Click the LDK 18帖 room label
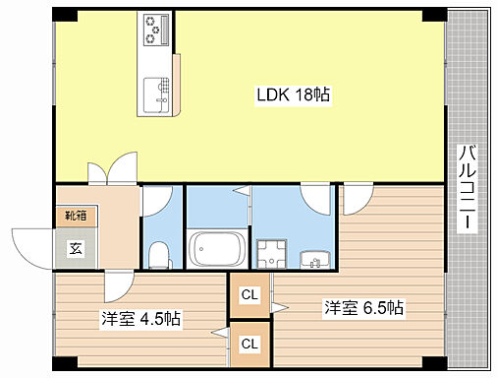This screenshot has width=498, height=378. (293, 94)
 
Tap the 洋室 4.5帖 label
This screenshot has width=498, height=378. (140, 318)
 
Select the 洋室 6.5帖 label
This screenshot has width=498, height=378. (363, 308)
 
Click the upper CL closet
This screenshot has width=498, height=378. (249, 295)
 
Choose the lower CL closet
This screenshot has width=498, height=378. (249, 345)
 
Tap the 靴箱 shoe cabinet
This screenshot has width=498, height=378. (76, 216)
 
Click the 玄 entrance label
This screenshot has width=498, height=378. (76, 248)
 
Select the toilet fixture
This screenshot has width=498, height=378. (160, 255)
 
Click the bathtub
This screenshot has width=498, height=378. (217, 249)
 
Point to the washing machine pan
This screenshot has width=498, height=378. (271, 254)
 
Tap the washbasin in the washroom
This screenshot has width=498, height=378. (315, 260)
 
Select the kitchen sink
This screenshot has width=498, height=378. (157, 94)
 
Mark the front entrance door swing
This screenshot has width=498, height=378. (32, 249)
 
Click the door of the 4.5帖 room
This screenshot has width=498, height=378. (119, 285)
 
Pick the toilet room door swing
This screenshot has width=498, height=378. (156, 201)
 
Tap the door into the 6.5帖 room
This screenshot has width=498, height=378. (358, 200)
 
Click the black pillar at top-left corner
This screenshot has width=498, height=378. (65, 15)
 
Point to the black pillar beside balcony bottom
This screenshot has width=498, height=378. (434, 363)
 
